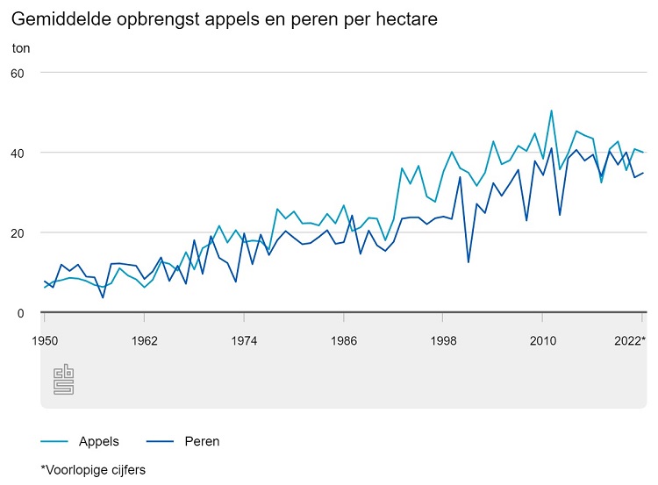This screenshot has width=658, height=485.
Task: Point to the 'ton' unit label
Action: (x=21, y=48)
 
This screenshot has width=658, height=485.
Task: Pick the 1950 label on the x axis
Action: (x=45, y=340)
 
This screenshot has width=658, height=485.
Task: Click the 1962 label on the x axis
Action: (x=144, y=340)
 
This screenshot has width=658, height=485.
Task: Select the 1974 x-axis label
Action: (x=244, y=340)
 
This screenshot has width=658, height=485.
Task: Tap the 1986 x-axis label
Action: (x=344, y=340)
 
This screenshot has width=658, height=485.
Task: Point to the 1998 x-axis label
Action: (x=443, y=340)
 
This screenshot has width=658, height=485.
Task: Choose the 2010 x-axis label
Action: (x=543, y=340)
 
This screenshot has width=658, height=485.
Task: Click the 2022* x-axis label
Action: (x=629, y=340)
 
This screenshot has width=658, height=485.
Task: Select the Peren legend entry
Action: (x=202, y=441)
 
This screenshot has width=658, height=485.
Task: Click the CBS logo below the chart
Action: (x=64, y=378)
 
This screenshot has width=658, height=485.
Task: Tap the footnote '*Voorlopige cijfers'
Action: (x=94, y=470)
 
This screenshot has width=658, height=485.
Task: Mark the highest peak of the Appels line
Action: (x=551, y=111)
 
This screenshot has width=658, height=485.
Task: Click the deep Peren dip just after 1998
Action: (x=468, y=262)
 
